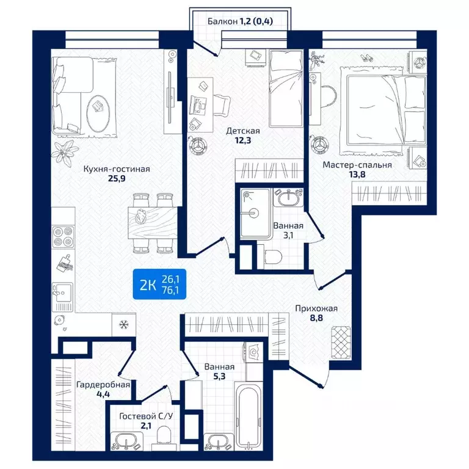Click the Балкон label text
point(222,21)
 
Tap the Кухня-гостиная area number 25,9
point(117,178)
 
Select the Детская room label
point(243,131)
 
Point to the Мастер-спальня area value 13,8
point(357,174)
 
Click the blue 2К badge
point(159,284)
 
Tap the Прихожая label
point(316,308)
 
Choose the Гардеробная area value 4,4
point(103,394)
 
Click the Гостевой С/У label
point(146,416)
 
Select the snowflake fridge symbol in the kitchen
point(123,324)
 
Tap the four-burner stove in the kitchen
point(63,237)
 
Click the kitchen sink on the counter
point(62,297)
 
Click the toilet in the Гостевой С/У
point(163,437)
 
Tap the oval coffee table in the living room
point(98,113)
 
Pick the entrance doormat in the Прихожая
point(341,343)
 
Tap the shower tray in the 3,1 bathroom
point(255,213)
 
